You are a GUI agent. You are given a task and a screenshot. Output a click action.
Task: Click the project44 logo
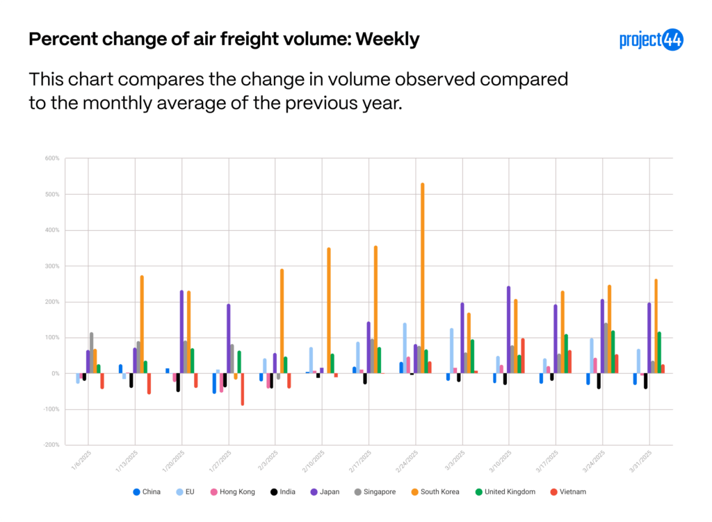tap(651, 40)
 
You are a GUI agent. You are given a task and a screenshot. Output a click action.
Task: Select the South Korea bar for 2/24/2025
tap(423, 278)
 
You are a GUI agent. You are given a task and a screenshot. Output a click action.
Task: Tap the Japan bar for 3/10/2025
tap(508, 329)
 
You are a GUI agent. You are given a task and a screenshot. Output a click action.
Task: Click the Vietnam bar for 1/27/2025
tap(243, 389)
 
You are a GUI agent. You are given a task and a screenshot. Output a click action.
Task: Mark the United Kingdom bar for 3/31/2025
tap(659, 353)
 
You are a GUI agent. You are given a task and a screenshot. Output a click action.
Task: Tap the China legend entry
tap(147, 492)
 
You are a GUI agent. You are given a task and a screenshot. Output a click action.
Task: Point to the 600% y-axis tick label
tap(53, 158)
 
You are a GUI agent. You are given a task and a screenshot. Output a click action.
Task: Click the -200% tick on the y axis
tap(51, 446)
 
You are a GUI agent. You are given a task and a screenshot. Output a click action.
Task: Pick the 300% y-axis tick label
tap(53, 266)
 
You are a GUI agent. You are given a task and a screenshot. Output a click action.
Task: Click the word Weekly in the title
tap(387, 40)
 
